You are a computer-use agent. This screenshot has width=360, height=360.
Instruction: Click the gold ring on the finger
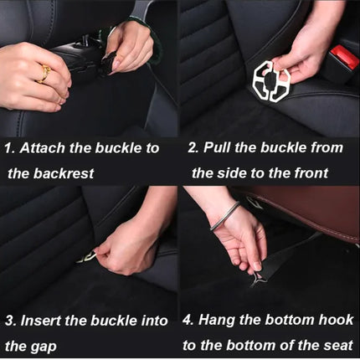click(44, 73)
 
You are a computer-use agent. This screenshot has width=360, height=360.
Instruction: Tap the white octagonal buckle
click(271, 81)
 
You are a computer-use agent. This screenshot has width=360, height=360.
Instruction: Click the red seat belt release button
click(345, 57)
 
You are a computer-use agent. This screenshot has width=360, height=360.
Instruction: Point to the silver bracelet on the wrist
click(224, 216)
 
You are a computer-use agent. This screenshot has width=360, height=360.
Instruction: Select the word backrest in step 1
click(64, 173)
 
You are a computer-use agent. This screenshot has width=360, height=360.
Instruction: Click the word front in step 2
click(311, 173)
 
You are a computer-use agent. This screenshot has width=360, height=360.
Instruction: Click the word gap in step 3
click(44, 347)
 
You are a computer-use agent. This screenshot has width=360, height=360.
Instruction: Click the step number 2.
click(193, 147)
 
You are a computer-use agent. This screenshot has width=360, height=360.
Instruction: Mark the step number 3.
click(11, 321)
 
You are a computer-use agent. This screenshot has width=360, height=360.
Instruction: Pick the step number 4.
click(188, 320)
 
